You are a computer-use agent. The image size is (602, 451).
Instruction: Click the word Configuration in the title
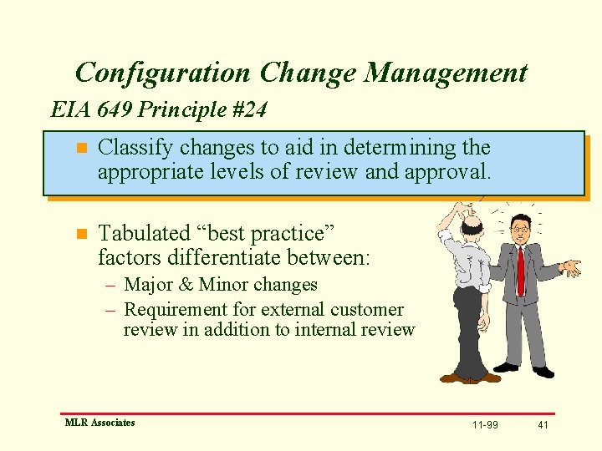pos(162,73)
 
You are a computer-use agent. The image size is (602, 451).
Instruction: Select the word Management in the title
pos(446,73)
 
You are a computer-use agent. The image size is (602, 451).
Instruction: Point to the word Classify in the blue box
pos(135,148)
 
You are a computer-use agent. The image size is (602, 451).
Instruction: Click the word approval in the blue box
pos(446,172)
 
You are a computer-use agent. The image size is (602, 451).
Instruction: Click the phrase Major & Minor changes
pos(221,285)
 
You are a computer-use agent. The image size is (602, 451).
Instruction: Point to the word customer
pos(366,309)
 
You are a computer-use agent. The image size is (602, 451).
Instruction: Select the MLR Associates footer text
pos(99,423)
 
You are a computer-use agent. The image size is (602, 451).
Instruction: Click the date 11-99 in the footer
pos(485,425)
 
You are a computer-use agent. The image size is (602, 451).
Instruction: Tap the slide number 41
pos(543,425)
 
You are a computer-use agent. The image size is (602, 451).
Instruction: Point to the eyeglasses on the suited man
pos(519,228)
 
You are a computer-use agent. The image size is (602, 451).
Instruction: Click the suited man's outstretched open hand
pos(570,267)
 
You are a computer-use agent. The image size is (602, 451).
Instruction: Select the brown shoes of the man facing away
pos(468,378)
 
